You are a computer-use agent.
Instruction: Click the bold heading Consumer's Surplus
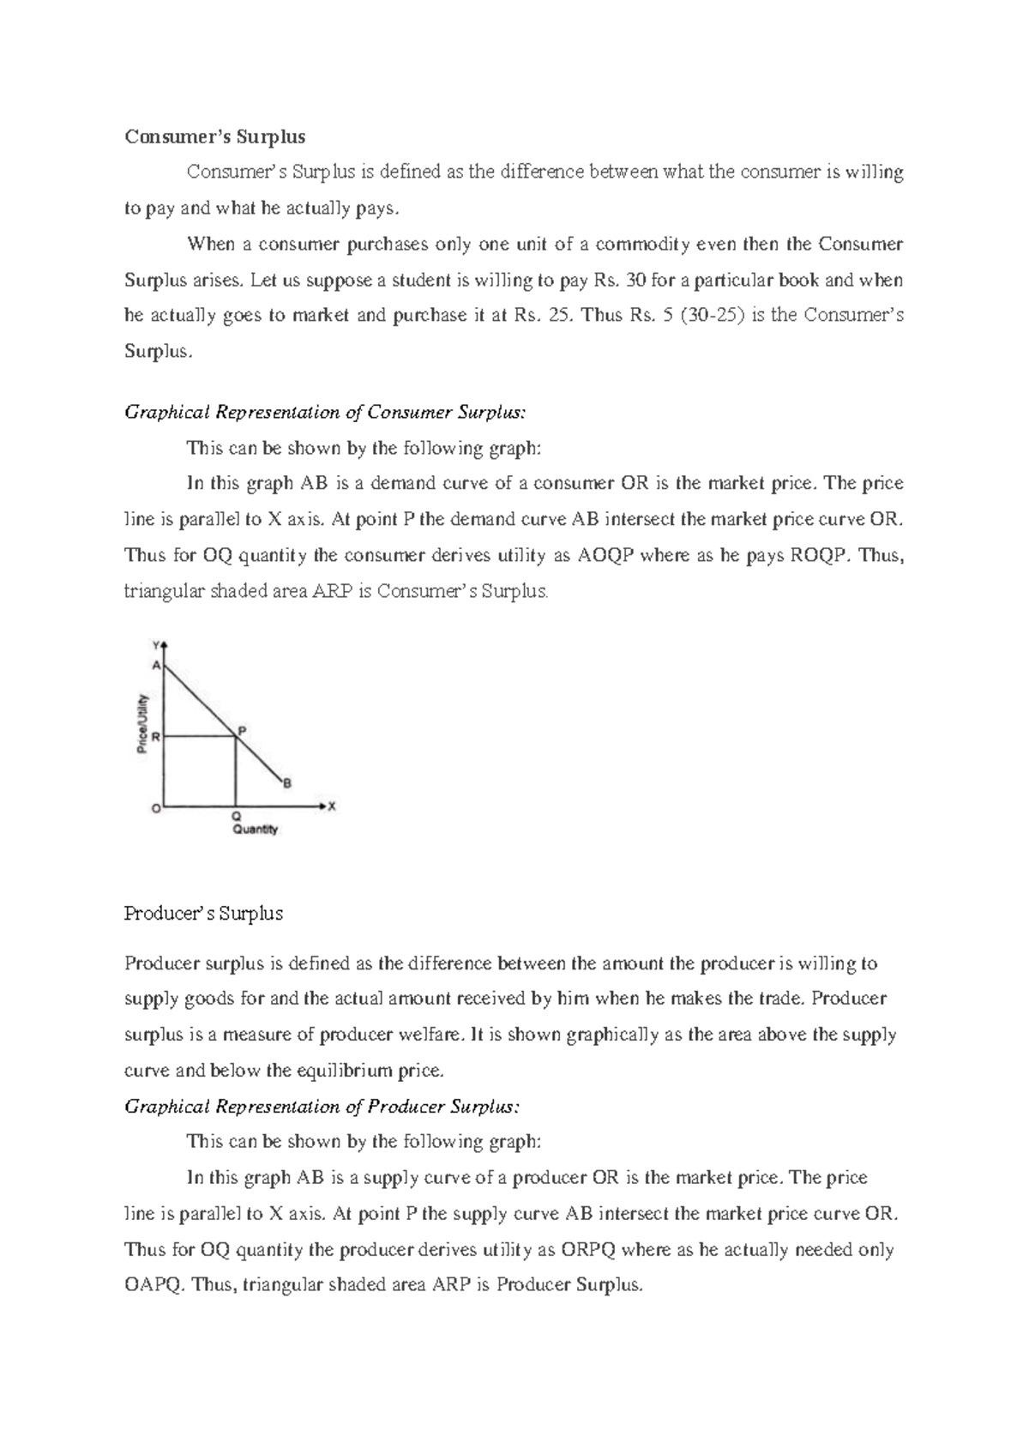click(x=214, y=136)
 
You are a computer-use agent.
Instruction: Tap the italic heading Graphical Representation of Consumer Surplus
click(x=326, y=413)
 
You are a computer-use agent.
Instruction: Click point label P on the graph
click(x=242, y=731)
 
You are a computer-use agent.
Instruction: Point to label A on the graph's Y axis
click(x=156, y=665)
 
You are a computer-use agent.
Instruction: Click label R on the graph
click(x=155, y=736)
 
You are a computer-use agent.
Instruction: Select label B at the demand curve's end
click(x=287, y=782)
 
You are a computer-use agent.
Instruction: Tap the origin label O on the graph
click(x=155, y=808)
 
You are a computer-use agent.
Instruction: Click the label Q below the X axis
click(x=236, y=817)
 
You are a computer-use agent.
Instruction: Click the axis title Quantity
click(x=256, y=830)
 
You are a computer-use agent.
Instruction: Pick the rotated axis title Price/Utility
click(x=143, y=723)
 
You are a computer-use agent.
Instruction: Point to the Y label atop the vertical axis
click(x=156, y=643)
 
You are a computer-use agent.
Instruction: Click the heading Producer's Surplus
click(x=203, y=914)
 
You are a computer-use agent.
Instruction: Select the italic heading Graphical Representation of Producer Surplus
click(x=322, y=1107)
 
